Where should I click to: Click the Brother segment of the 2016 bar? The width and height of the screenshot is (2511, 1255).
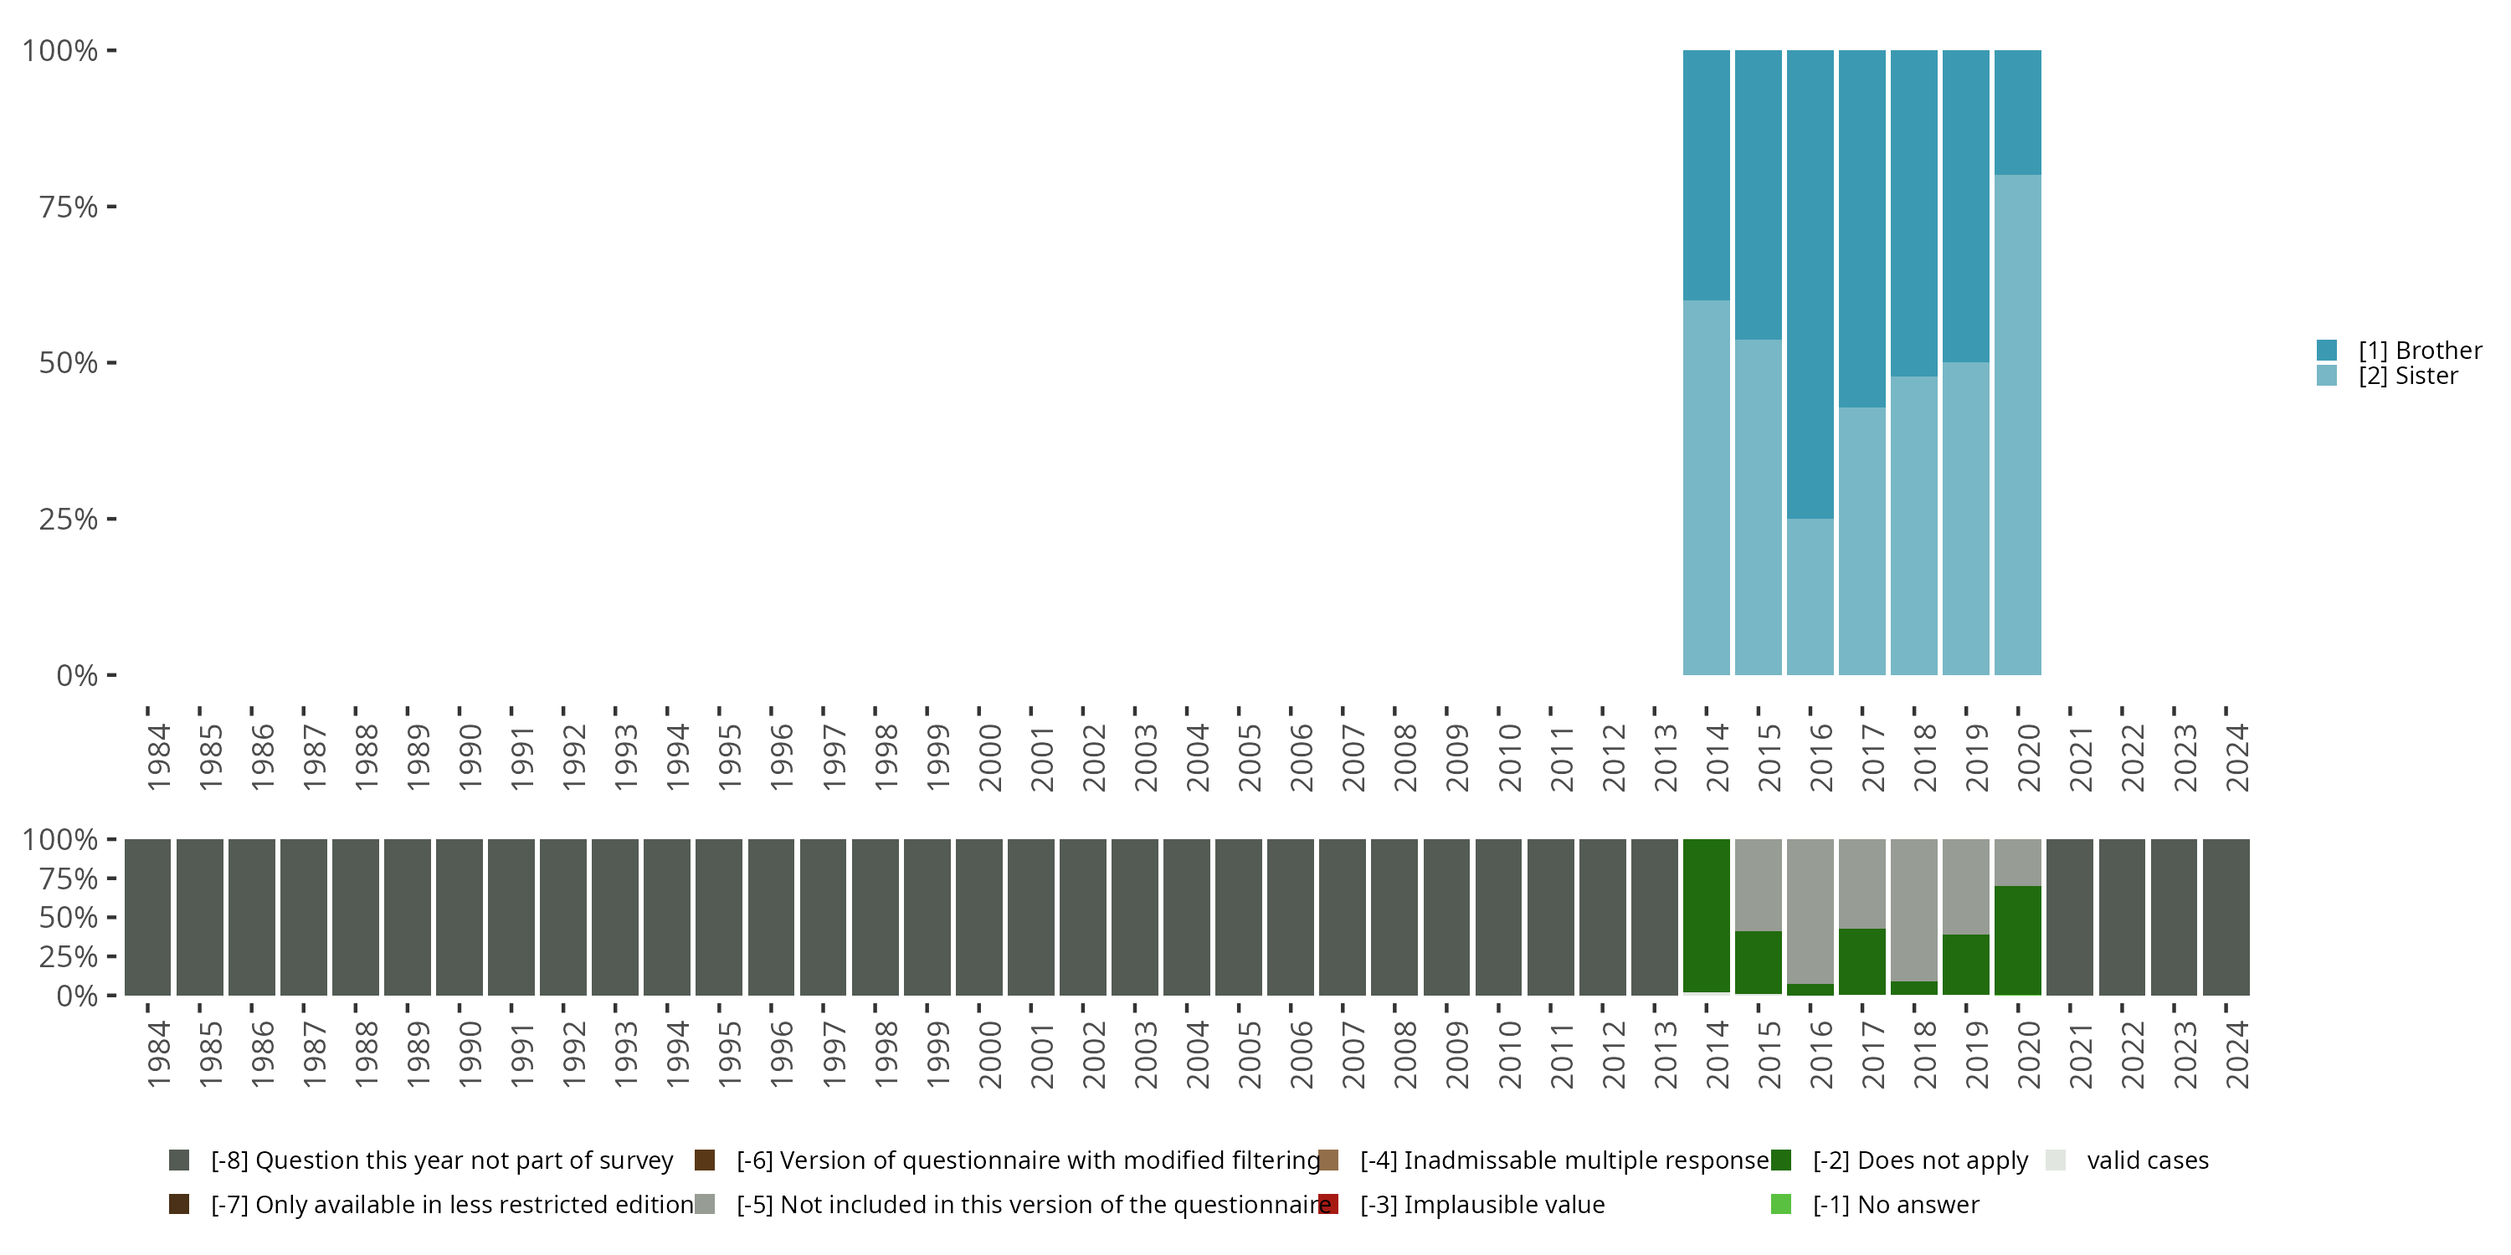coord(1810,284)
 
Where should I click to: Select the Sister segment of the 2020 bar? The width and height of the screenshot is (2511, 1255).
coord(2018,425)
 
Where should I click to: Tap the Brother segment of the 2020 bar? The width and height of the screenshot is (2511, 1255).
coord(2018,112)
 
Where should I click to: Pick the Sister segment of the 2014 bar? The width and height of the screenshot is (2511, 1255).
coord(1706,487)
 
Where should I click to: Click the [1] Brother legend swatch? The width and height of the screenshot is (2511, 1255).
coord(2327,350)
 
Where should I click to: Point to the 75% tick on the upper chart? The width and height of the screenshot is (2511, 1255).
coord(111,207)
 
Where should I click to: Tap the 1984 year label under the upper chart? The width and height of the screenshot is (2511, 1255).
coord(159,757)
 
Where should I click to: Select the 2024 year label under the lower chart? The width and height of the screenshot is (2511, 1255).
coord(2237,1054)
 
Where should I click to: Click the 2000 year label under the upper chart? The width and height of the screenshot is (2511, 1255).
coord(990,757)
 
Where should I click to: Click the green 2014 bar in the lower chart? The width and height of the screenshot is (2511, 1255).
coord(1706,916)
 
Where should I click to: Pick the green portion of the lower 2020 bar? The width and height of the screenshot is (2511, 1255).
coord(2018,940)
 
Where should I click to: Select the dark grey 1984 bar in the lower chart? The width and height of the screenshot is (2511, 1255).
coord(148,917)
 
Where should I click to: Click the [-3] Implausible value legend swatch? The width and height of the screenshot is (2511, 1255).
coord(1327,1204)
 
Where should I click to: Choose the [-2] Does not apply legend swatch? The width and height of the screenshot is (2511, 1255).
coord(1781,1160)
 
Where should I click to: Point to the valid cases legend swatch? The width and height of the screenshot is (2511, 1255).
coord(2056,1160)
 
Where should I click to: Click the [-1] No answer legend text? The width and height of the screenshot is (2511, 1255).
coord(1896,1204)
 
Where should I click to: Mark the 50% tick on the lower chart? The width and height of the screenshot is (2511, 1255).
coord(111,917)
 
